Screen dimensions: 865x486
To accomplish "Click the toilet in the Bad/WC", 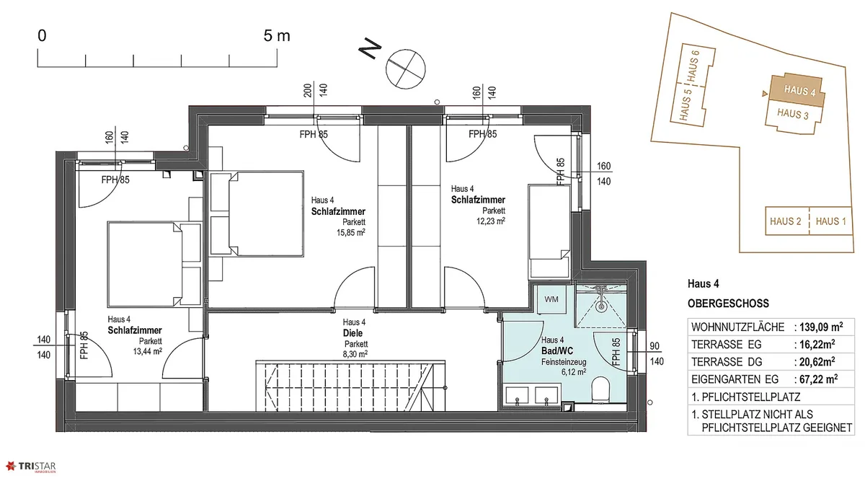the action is tap(600, 389).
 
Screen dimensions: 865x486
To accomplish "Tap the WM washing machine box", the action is tap(551, 299).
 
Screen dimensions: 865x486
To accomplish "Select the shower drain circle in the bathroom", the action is tap(601, 306).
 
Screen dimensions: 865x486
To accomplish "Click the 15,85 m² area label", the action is tap(350, 232).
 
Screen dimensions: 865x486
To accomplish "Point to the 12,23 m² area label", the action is tap(491, 221).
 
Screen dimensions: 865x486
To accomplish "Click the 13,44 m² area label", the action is tap(148, 351).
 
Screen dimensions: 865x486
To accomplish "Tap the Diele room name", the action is tap(352, 333).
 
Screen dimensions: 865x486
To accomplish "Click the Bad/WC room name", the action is tap(556, 351).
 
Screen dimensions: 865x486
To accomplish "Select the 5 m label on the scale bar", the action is tap(277, 36).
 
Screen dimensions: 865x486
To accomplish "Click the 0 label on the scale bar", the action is tap(42, 36).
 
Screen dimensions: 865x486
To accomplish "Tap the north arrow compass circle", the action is tap(405, 69).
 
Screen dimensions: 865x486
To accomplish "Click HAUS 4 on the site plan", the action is tap(799, 91).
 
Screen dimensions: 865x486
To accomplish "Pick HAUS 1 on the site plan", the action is tap(831, 221).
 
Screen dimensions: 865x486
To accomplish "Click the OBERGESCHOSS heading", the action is tap(728, 304).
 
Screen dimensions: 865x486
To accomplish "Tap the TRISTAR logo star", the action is tap(11, 466).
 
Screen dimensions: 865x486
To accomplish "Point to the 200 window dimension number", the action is tap(308, 91).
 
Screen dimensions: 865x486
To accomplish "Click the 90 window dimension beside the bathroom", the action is tap(655, 346).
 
